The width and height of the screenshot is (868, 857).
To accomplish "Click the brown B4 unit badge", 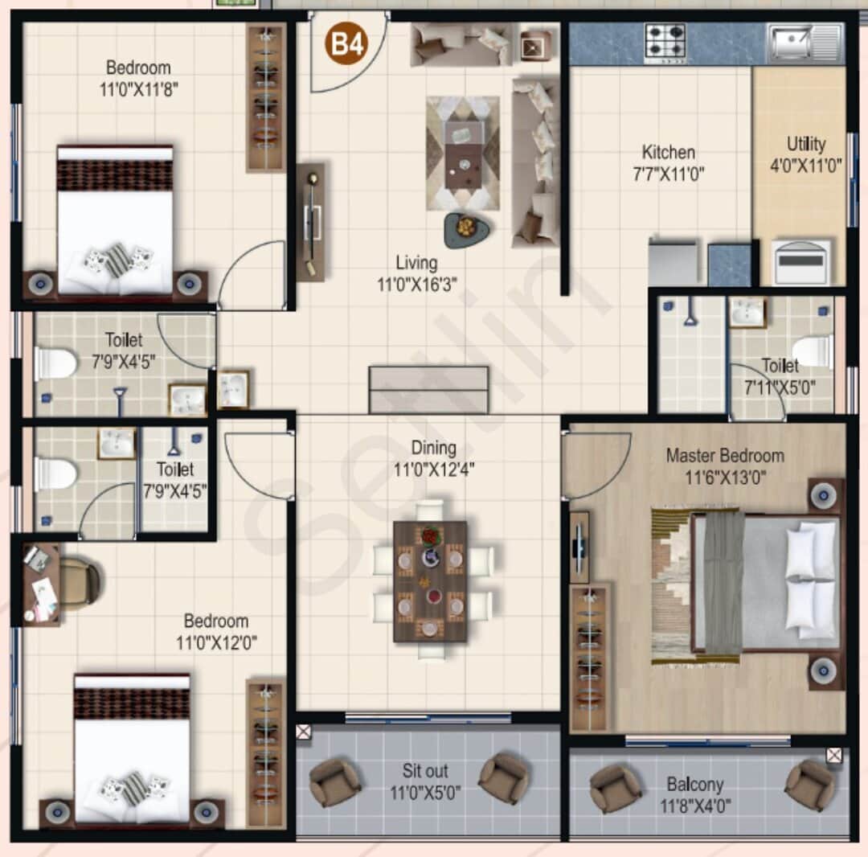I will coord(346,44).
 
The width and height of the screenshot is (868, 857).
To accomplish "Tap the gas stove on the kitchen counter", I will coord(665,42).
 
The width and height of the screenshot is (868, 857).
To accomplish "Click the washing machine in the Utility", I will coord(800,261).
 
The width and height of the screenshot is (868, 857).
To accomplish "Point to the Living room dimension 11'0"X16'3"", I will coord(416,283).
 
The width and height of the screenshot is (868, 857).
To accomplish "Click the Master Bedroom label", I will coord(724,456).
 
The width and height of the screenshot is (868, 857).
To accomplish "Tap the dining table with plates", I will coord(430,580).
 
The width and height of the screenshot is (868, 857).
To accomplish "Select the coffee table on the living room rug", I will coord(463,154).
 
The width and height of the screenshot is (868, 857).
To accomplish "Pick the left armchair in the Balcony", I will coord(616,787).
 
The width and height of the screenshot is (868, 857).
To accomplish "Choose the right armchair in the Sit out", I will coord(504,777).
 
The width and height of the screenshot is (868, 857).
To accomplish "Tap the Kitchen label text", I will coord(668,152).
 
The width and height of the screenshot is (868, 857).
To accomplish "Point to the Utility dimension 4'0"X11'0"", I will coord(805,166).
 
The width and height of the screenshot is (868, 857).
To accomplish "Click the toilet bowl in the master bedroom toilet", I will coord(813,351).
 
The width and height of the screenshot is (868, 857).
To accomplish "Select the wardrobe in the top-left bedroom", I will coord(266,97).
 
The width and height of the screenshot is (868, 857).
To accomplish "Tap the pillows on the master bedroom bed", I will coord(809,582).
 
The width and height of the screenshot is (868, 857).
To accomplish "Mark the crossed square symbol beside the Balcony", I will coord(833,755).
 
